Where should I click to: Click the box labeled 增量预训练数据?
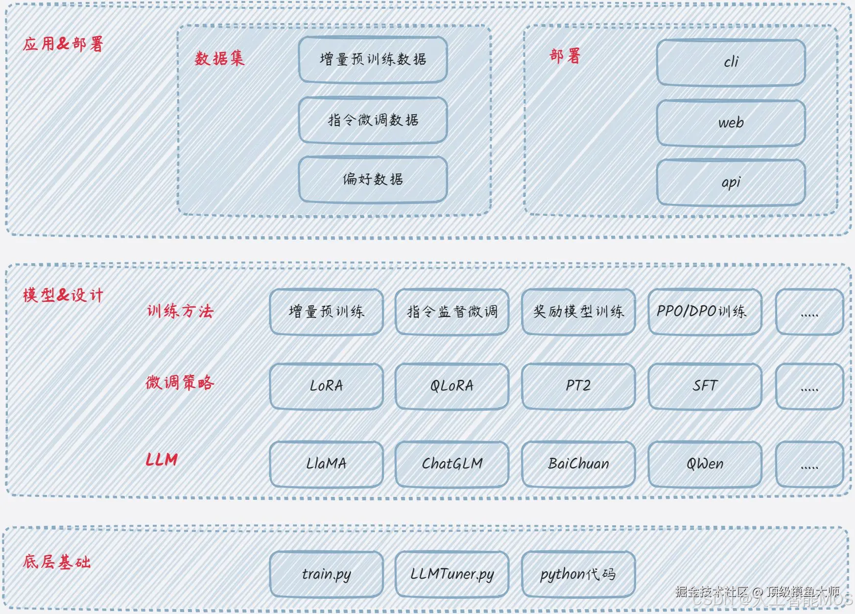point(373,59)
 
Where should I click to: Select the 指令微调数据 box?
point(373,120)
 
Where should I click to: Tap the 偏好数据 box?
point(373,179)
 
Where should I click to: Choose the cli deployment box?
point(731,62)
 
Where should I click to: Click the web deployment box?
point(731,123)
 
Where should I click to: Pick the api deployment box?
point(731,182)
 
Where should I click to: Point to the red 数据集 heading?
point(219,59)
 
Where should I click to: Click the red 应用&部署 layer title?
point(63,44)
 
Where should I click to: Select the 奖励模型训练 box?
point(578,312)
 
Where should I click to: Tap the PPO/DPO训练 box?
point(704,312)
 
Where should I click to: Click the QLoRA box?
point(452,386)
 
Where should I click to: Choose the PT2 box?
point(578,386)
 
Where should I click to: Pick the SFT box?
point(704,386)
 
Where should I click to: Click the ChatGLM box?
point(452,464)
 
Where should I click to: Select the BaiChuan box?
point(578,464)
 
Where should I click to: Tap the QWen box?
point(704,464)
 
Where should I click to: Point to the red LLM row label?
point(162,460)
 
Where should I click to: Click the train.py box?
point(326,574)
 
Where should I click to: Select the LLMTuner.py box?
point(452,574)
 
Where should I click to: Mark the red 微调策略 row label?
point(180,382)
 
